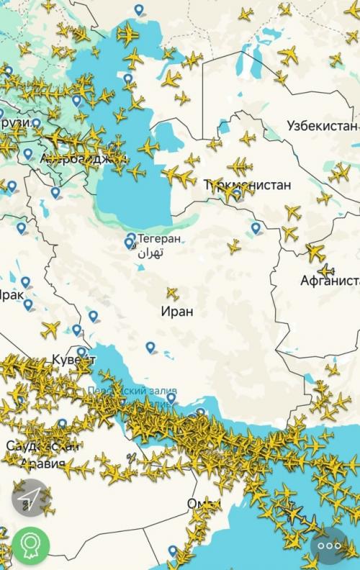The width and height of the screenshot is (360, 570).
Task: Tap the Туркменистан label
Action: point(248,185)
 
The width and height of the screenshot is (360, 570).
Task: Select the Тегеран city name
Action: point(159,238)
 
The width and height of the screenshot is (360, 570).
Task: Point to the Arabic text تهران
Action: point(151,253)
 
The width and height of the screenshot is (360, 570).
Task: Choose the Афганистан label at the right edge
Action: point(330,280)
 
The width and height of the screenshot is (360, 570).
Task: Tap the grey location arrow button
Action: point(30,498)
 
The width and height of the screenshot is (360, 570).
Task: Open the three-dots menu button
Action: point(329,546)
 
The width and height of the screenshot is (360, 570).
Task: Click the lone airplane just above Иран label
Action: point(172,293)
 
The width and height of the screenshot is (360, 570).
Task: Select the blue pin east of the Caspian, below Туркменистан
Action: point(256,228)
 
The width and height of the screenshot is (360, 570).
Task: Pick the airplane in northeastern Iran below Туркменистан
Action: point(234,246)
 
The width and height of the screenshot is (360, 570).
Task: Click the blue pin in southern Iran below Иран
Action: point(150,348)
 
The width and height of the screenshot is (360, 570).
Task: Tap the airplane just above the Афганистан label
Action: point(315,252)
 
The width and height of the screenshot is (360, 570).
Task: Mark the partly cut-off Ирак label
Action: point(11,294)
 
